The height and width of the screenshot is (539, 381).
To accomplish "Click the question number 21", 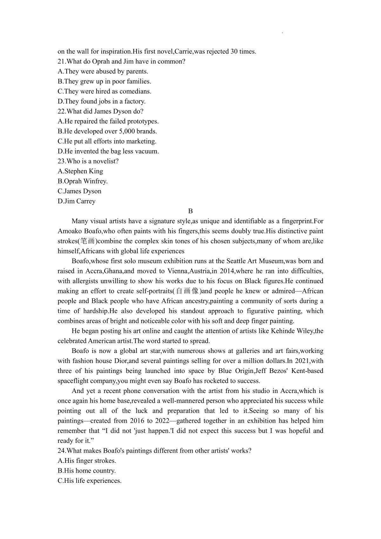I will coord(62,62).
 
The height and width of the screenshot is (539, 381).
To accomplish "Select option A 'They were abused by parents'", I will coord(103,71).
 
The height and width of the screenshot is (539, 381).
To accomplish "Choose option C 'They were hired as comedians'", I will coord(104,91).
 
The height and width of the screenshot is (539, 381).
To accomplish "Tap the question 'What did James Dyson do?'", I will coord(101,111).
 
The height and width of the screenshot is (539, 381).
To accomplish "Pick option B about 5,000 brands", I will coord(107,131).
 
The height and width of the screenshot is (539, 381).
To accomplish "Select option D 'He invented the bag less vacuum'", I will coord(108,151).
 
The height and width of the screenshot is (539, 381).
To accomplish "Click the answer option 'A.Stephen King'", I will coord(80,171).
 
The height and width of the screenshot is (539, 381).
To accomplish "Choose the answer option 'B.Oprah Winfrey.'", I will coord(83,181).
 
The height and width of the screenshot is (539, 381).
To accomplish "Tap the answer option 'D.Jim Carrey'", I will coord(77,201).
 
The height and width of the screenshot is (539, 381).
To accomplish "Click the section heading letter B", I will coord(190,211).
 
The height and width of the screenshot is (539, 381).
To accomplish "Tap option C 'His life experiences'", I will coord(90,481).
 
